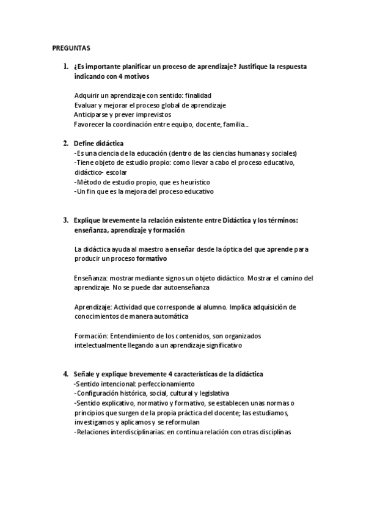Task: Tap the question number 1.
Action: (x=64, y=67)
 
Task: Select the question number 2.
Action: (x=64, y=143)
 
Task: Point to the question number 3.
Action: (x=64, y=220)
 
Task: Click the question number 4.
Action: (x=64, y=374)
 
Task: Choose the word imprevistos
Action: (x=155, y=114)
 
